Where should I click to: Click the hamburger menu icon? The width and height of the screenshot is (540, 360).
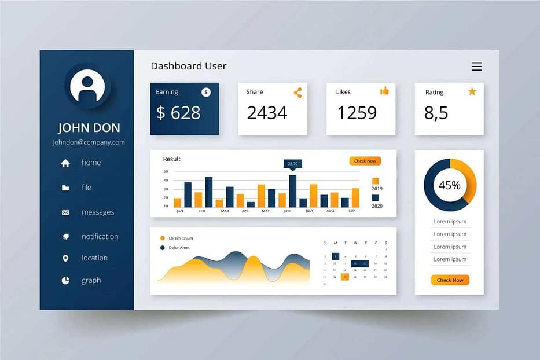476,67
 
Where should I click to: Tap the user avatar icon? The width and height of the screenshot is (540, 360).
87,86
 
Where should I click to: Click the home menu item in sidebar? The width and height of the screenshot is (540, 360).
91,163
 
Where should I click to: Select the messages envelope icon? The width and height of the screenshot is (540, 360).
65,212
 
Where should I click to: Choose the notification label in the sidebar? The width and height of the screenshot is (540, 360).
100,237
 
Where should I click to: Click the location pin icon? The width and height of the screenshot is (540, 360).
65,258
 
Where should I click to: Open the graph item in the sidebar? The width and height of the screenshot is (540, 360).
91,281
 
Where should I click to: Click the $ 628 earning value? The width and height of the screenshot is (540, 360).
178,113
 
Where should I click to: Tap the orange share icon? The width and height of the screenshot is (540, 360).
297,93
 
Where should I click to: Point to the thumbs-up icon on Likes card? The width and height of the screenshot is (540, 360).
384,91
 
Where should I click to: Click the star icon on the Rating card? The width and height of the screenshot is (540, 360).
472,91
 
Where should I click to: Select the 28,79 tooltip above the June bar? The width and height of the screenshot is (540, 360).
292,164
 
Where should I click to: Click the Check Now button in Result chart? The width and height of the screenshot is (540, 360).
365,161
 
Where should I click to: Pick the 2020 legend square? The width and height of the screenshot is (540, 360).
375,198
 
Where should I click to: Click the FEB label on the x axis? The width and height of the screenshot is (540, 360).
202,211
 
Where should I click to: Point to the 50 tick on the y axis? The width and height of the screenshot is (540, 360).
166,171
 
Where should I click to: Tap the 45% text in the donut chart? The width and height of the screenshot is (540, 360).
450,186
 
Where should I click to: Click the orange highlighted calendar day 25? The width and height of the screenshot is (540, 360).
345,277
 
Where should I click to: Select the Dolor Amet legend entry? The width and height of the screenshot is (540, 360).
179,248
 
